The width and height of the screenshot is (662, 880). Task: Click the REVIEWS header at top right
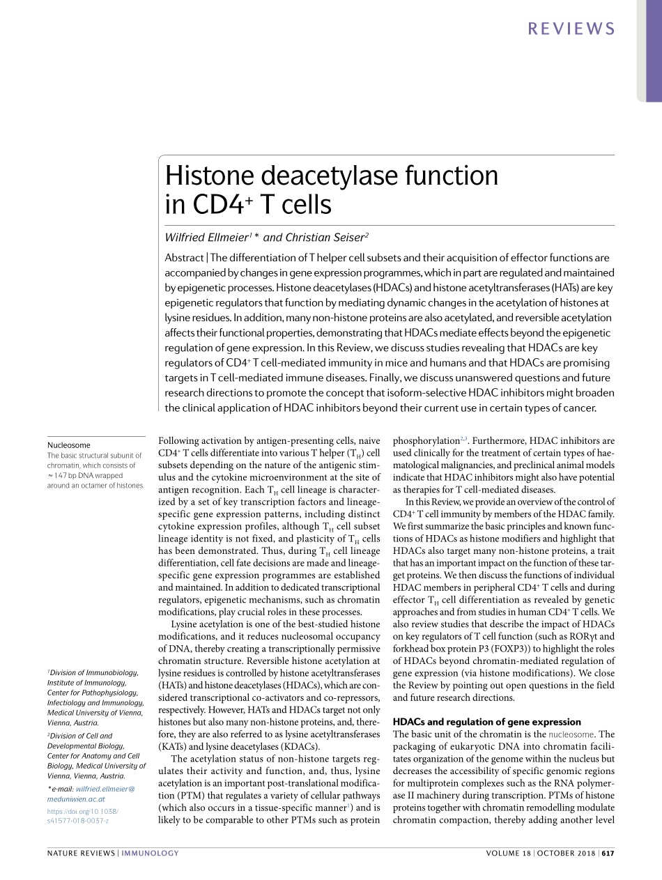[571, 29]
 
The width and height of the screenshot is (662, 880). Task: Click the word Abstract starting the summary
[183, 257]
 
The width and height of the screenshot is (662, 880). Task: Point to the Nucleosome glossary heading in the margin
[68, 445]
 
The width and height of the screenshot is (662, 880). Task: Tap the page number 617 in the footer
[608, 853]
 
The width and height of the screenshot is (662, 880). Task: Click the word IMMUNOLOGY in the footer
[151, 853]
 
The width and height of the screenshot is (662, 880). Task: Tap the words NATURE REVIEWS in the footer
[81, 853]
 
